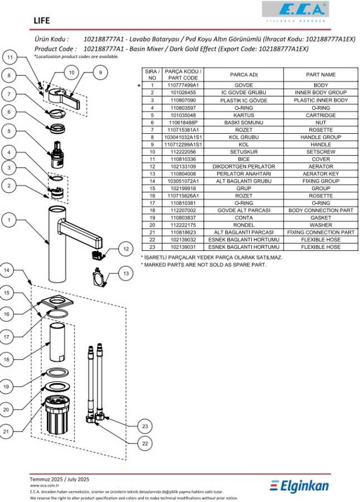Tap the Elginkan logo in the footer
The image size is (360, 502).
299,486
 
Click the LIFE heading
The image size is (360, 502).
41,21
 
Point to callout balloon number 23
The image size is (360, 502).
145,426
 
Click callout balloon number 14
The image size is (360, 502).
7,271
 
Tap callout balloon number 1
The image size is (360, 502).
9,220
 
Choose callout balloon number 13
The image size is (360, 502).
126,273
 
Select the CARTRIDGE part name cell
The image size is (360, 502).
320,115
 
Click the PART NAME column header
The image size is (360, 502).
320,74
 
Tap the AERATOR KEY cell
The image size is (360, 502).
320,174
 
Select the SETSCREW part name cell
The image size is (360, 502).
320,152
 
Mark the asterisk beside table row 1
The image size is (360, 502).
139,86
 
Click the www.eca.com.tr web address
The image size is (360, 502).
45,486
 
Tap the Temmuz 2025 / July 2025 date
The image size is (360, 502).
59,479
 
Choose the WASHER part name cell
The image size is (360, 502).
320,225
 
